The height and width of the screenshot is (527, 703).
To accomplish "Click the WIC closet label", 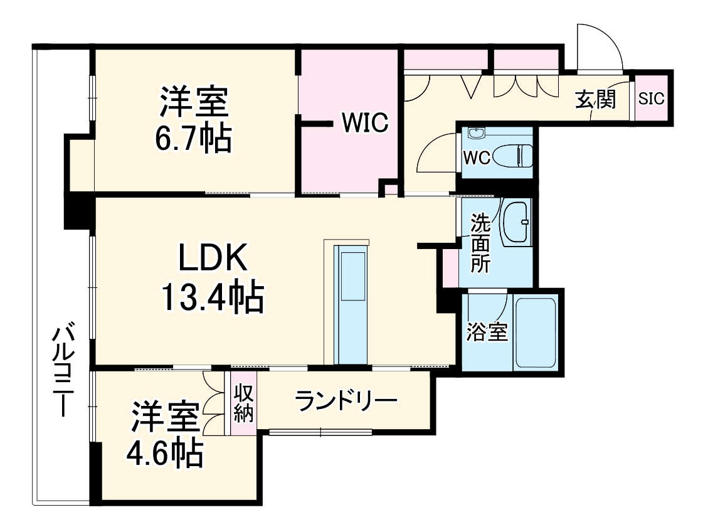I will click(x=366, y=122).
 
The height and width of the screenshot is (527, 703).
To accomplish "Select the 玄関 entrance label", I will click(x=595, y=98).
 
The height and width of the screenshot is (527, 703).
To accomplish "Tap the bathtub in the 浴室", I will click(x=534, y=333).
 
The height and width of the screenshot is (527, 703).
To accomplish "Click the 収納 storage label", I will click(x=243, y=404).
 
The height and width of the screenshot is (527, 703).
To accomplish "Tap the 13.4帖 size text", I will click(x=212, y=299).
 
